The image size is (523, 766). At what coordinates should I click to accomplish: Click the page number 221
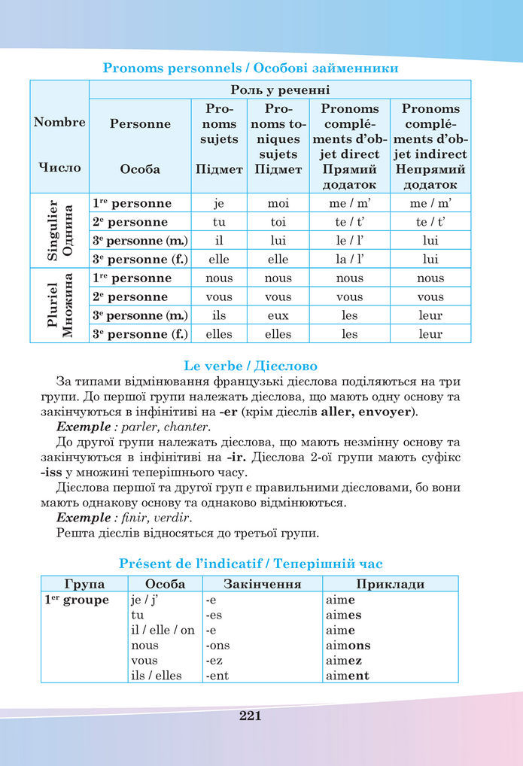click(250, 716)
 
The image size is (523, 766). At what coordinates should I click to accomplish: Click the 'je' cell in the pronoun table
click(219, 203)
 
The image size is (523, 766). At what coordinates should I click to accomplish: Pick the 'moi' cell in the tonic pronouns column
click(278, 203)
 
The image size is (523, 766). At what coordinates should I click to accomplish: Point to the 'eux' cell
click(278, 315)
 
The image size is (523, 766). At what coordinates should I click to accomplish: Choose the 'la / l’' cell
click(349, 259)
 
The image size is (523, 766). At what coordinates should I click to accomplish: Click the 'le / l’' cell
click(349, 241)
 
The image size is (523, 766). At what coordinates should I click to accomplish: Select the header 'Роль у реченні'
click(279, 90)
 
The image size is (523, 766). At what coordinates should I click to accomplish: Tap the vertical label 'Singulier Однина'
click(59, 231)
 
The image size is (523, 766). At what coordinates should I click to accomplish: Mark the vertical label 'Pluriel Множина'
click(59, 305)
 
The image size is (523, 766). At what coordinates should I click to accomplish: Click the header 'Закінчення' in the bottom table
click(263, 584)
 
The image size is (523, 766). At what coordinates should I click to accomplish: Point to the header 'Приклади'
click(390, 584)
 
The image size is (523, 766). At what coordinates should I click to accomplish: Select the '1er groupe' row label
click(75, 600)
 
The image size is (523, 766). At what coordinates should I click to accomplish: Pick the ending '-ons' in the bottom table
click(217, 645)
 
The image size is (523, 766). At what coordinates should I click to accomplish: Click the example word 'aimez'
click(345, 660)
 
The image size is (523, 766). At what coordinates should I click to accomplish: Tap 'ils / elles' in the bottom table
click(157, 675)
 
